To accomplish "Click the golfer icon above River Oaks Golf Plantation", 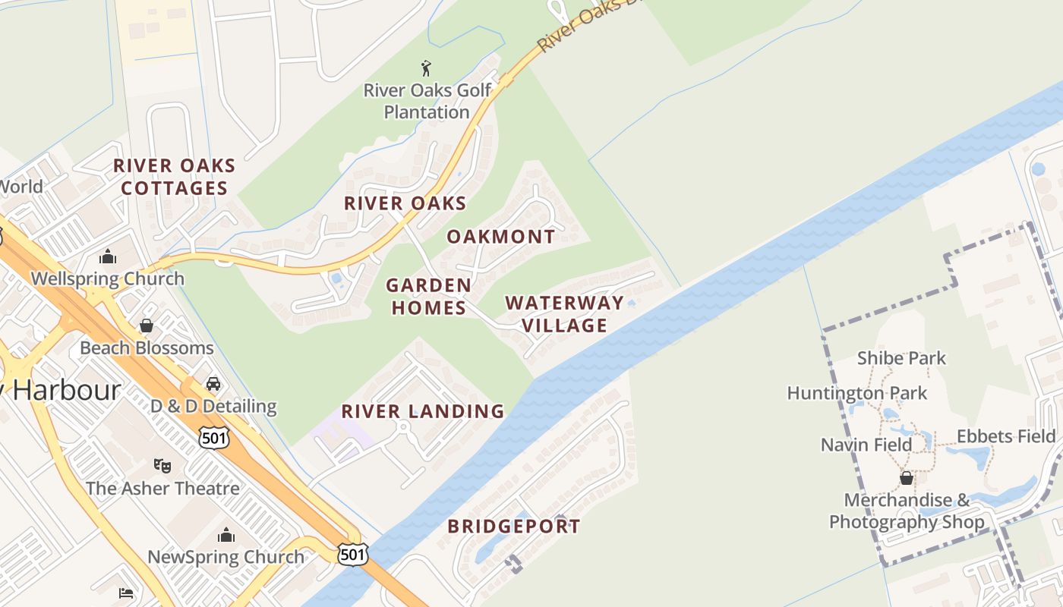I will [x=426, y=68].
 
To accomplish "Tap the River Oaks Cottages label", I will [x=175, y=177].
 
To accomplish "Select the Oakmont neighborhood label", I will [x=501, y=237].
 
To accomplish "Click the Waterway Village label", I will [x=564, y=314].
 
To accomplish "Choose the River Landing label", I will [x=423, y=411].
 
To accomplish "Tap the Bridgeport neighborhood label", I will [x=514, y=527].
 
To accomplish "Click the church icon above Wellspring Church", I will [x=108, y=256].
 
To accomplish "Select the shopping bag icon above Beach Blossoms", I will [x=147, y=326].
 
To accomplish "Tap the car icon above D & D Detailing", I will [x=213, y=384].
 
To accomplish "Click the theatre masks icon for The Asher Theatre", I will [x=162, y=465].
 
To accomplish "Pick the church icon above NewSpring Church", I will [x=226, y=535].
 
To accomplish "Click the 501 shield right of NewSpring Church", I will [x=354, y=554].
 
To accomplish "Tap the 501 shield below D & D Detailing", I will [x=213, y=437].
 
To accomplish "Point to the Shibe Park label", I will [x=901, y=358].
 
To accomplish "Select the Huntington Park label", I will [x=857, y=393].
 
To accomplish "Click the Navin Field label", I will [x=866, y=445].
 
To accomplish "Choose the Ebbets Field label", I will [x=1006, y=436].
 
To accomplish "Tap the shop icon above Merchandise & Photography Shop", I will [x=906, y=478].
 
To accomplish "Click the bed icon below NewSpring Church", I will [x=126, y=593].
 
